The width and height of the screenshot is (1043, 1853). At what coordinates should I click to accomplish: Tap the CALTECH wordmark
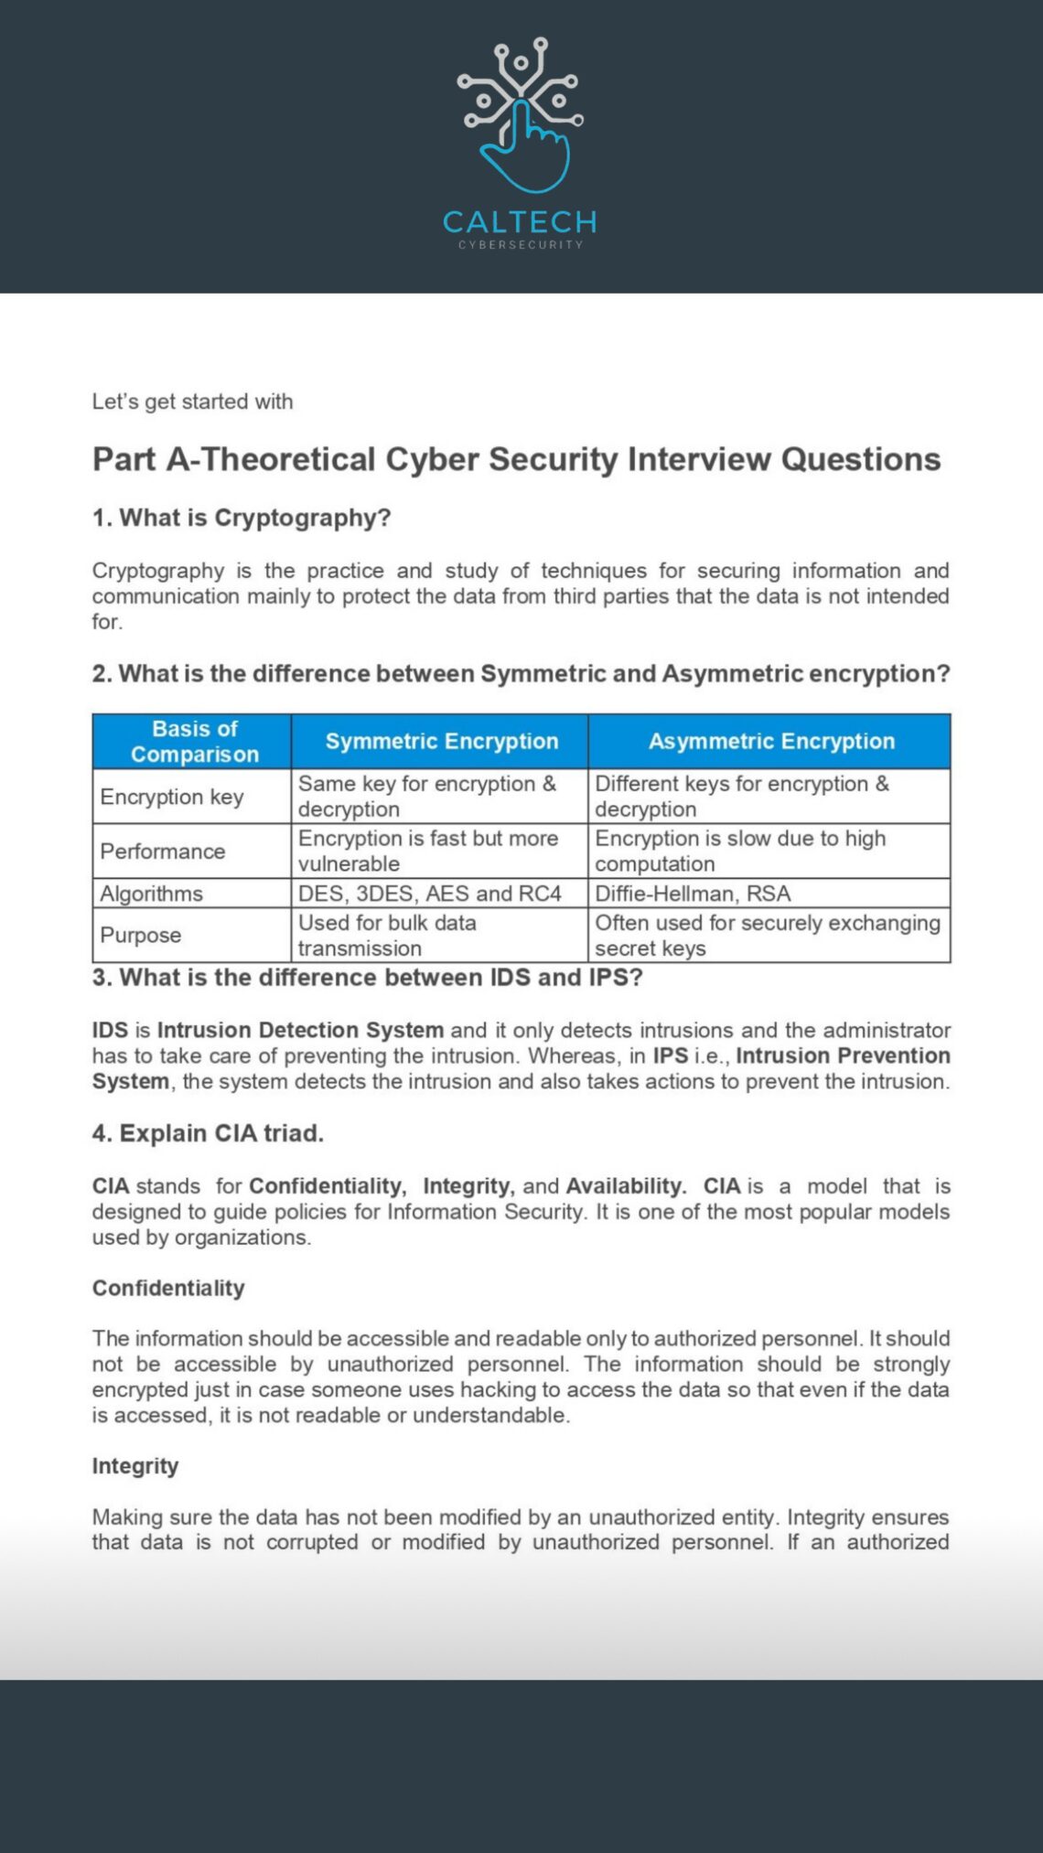point(520,221)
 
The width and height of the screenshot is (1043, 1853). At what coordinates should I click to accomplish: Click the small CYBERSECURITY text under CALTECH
point(521,245)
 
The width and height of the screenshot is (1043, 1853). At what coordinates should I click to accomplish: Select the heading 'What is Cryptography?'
point(242,518)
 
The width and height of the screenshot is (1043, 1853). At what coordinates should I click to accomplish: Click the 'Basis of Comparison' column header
point(194,741)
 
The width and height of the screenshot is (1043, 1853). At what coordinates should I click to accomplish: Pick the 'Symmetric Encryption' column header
point(441,741)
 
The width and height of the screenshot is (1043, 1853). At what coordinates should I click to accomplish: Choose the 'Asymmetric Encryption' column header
point(771,741)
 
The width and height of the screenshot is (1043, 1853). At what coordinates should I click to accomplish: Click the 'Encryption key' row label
point(172,797)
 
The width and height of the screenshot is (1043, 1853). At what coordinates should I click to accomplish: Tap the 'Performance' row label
point(163,852)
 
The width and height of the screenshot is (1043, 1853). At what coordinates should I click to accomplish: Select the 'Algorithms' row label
point(152,894)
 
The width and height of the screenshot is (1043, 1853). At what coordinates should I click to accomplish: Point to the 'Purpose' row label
point(141,935)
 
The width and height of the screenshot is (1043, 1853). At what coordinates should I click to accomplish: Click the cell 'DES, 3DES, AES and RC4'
point(430,894)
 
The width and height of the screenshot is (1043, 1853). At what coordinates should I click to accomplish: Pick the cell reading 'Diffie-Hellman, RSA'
point(693,894)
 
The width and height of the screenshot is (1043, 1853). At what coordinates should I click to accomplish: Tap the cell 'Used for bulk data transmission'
point(387,935)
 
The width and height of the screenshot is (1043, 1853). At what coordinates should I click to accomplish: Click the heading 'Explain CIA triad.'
point(209,1133)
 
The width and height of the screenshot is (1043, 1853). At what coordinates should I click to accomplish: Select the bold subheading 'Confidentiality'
point(168,1288)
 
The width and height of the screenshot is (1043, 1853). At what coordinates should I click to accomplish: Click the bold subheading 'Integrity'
point(135,1466)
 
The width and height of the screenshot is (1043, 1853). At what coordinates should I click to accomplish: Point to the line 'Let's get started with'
point(192,402)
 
